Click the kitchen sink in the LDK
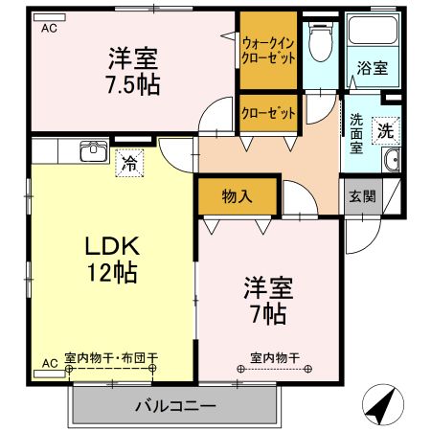pyautogui.click(x=93, y=151)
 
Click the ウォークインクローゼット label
pyautogui.click(x=268, y=50)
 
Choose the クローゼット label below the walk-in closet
pyautogui.click(x=267, y=113)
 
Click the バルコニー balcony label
pyautogui.click(x=175, y=406)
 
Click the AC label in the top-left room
pyautogui.click(x=49, y=28)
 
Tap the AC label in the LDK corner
pyautogui.click(x=49, y=363)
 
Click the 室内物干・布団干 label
pyautogui.click(x=111, y=359)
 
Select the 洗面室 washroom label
pyautogui.click(x=355, y=134)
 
